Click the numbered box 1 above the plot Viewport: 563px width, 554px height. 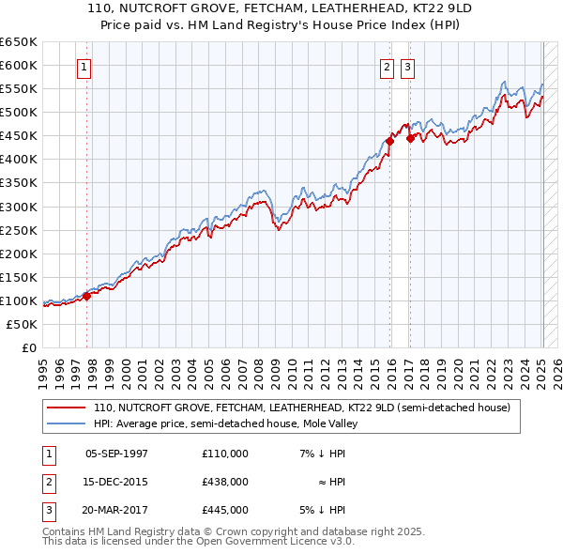(x=84, y=67)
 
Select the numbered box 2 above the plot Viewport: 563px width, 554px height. (x=387, y=67)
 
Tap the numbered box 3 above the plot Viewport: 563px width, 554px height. (x=408, y=67)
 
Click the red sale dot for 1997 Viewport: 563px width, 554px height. (x=86, y=296)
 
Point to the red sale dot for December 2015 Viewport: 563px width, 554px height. (x=389, y=142)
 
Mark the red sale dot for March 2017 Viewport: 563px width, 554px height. (x=410, y=138)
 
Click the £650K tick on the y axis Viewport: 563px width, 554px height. (x=18, y=42)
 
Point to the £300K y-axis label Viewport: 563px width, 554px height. (x=18, y=207)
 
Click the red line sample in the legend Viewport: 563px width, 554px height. (x=66, y=408)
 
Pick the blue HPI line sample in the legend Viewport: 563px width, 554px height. (x=66, y=423)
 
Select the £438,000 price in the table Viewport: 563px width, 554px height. (x=225, y=482)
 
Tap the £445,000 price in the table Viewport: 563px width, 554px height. (x=225, y=510)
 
